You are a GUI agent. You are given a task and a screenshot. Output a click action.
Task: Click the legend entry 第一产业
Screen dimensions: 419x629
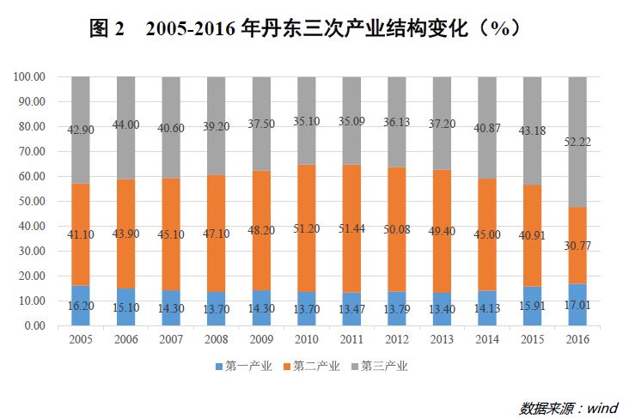click(243, 367)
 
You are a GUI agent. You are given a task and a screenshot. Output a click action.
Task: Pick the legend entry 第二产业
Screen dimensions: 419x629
click(310, 367)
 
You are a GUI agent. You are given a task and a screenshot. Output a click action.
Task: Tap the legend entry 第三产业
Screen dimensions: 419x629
click(378, 367)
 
